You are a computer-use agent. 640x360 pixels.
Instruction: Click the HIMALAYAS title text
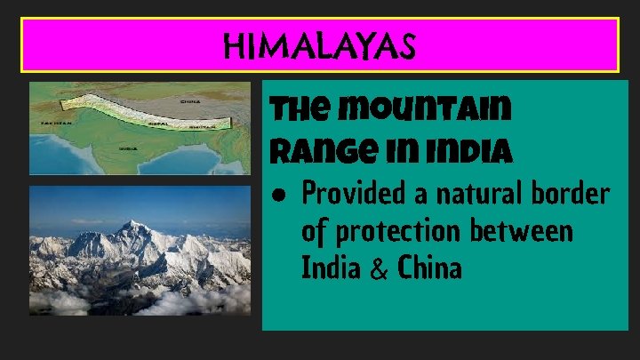[x=320, y=44]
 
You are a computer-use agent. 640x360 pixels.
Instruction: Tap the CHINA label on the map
[x=189, y=101]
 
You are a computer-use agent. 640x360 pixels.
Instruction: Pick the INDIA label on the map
[x=128, y=148]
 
